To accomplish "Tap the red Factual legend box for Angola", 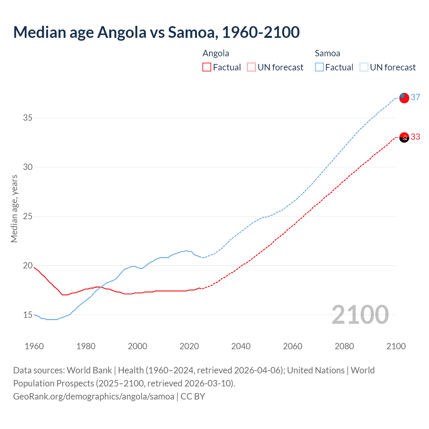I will click(x=207, y=67).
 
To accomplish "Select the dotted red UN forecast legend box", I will click(x=251, y=67).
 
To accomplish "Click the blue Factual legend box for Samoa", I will click(x=319, y=67).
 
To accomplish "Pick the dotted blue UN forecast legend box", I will click(x=364, y=67).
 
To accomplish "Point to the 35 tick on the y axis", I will click(x=28, y=118).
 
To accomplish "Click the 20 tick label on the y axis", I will click(x=28, y=265).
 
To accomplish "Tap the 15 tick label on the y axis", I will click(x=28, y=315).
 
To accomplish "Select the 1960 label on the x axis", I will click(x=34, y=346).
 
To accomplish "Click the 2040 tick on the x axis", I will click(x=241, y=346).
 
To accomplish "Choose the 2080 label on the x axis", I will click(x=344, y=346).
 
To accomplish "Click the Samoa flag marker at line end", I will click(x=404, y=98).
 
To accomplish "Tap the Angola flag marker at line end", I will click(x=404, y=137).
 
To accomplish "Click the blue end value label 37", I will click(x=416, y=97).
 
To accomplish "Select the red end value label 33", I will click(x=416, y=137).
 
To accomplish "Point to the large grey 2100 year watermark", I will click(x=360, y=315).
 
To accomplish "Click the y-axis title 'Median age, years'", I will click(x=14, y=208).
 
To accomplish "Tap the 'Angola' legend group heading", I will click(x=216, y=53).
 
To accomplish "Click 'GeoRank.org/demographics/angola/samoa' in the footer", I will click(x=94, y=396).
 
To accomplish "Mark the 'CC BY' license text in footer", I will click(x=193, y=396).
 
